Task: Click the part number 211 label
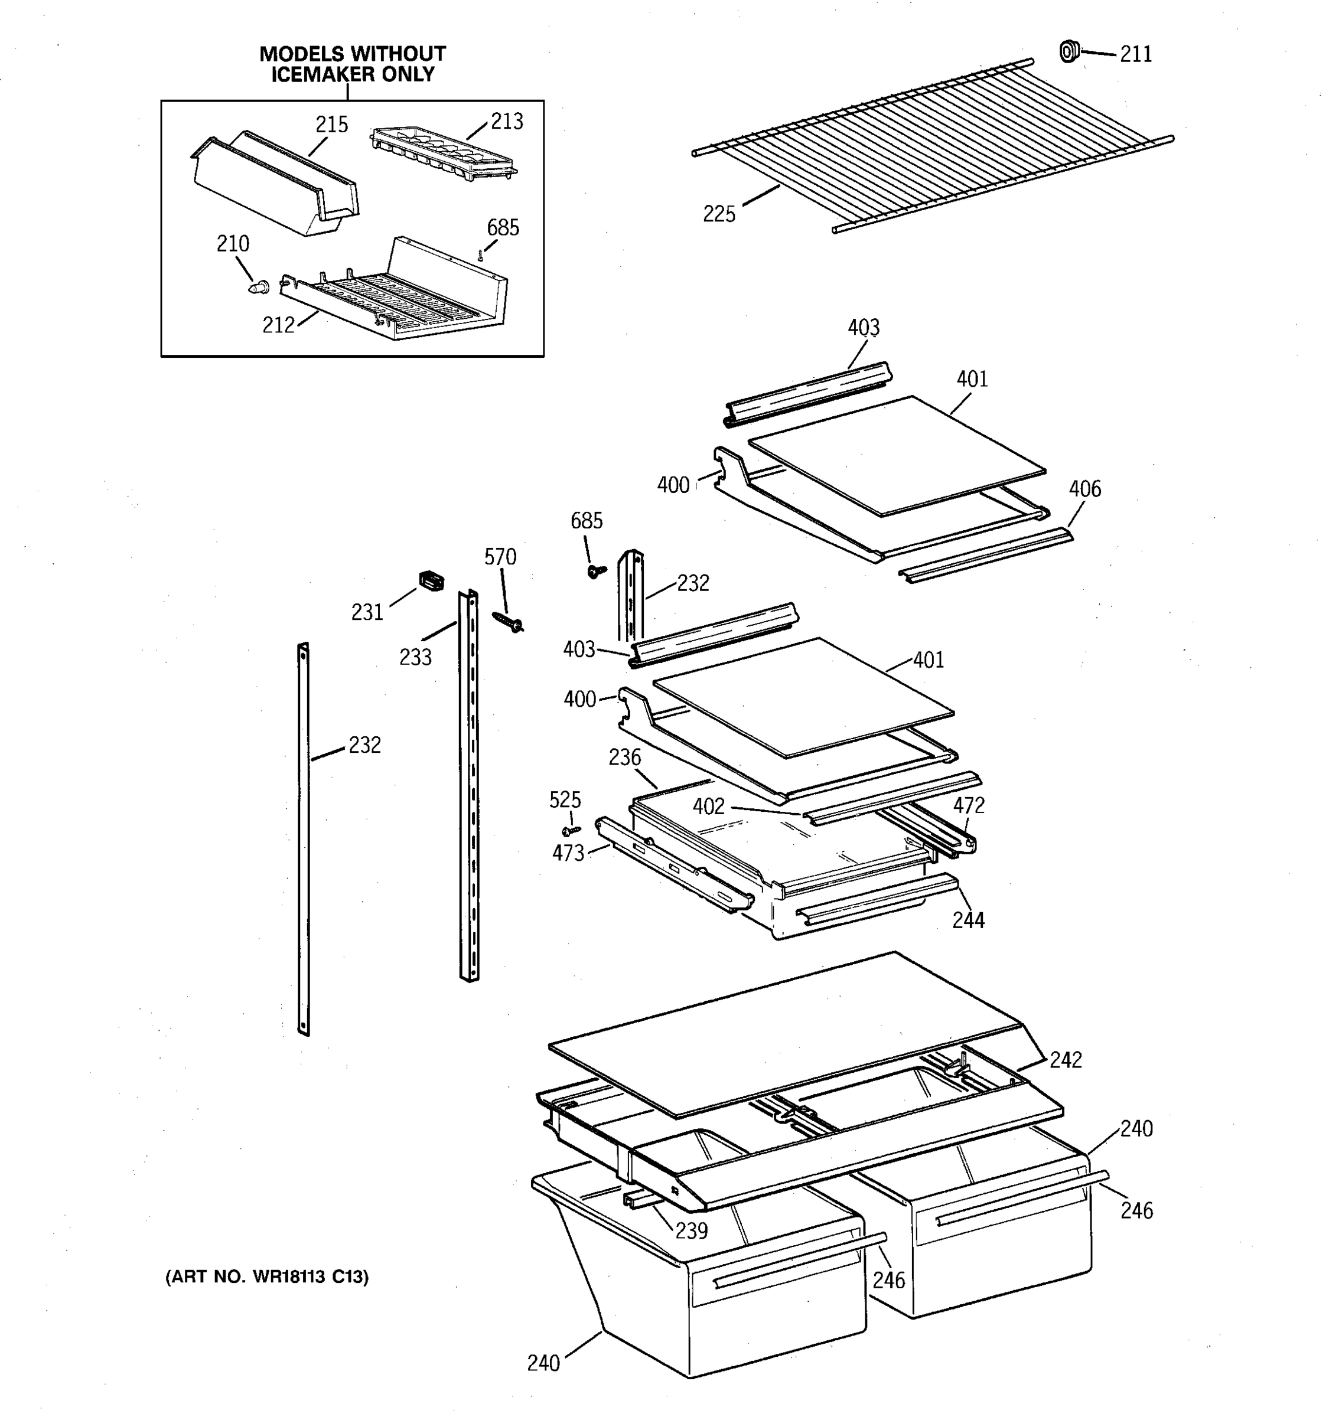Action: point(1136,54)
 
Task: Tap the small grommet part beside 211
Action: point(1068,51)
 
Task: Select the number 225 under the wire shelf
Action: point(719,214)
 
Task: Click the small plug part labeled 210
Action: point(258,288)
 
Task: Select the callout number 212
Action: point(278,325)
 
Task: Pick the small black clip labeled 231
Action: point(431,580)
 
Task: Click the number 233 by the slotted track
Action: point(415,657)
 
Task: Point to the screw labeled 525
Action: point(571,830)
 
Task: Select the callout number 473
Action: point(568,853)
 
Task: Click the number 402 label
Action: point(709,807)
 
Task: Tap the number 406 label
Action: point(1084,489)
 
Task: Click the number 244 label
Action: point(968,920)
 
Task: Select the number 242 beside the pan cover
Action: point(1065,1060)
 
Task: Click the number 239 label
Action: point(691,1231)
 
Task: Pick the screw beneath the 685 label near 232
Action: point(595,570)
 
